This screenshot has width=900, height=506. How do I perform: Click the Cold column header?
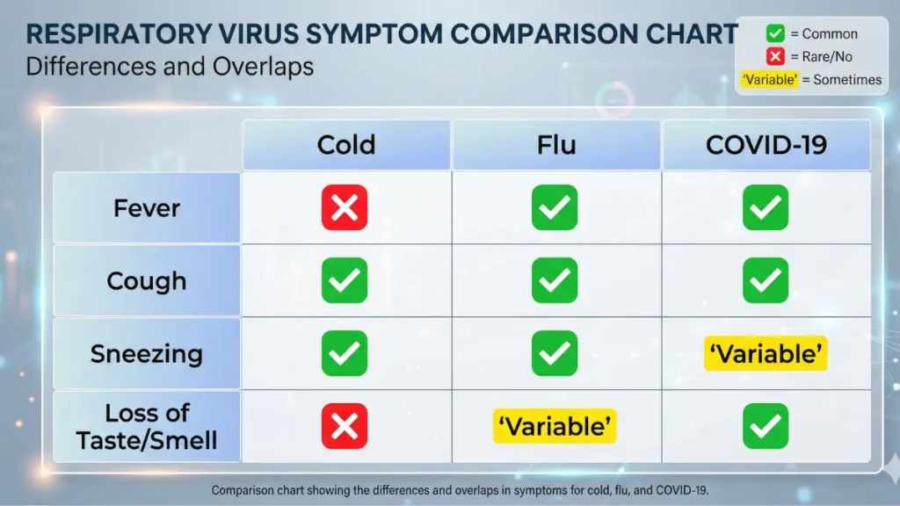tap(345, 145)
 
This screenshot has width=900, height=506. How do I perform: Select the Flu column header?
tap(555, 145)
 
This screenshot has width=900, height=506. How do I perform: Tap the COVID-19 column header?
tap(766, 145)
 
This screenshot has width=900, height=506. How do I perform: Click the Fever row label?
tap(147, 208)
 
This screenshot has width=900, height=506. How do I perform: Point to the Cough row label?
tap(147, 281)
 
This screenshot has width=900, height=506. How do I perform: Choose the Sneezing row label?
tap(147, 354)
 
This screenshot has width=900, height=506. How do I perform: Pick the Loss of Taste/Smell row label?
tap(147, 426)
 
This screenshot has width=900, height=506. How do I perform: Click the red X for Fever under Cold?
tap(345, 208)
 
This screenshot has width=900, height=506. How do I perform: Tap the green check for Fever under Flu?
tap(555, 208)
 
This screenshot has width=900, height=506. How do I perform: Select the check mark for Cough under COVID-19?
tap(766, 281)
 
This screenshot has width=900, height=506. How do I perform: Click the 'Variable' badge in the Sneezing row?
tap(766, 354)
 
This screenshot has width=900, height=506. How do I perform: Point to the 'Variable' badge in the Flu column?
tap(555, 427)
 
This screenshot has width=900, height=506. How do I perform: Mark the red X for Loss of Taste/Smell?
tap(345, 427)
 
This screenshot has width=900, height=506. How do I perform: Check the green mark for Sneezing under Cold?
tap(345, 354)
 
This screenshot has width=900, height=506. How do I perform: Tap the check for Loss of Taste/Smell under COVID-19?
tap(766, 427)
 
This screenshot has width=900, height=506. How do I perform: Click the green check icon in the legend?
tap(775, 34)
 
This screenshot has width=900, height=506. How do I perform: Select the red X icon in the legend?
tap(775, 57)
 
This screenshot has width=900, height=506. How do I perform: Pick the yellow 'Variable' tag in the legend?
tap(770, 80)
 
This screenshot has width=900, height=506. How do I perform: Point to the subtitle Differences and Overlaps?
tap(170, 67)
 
